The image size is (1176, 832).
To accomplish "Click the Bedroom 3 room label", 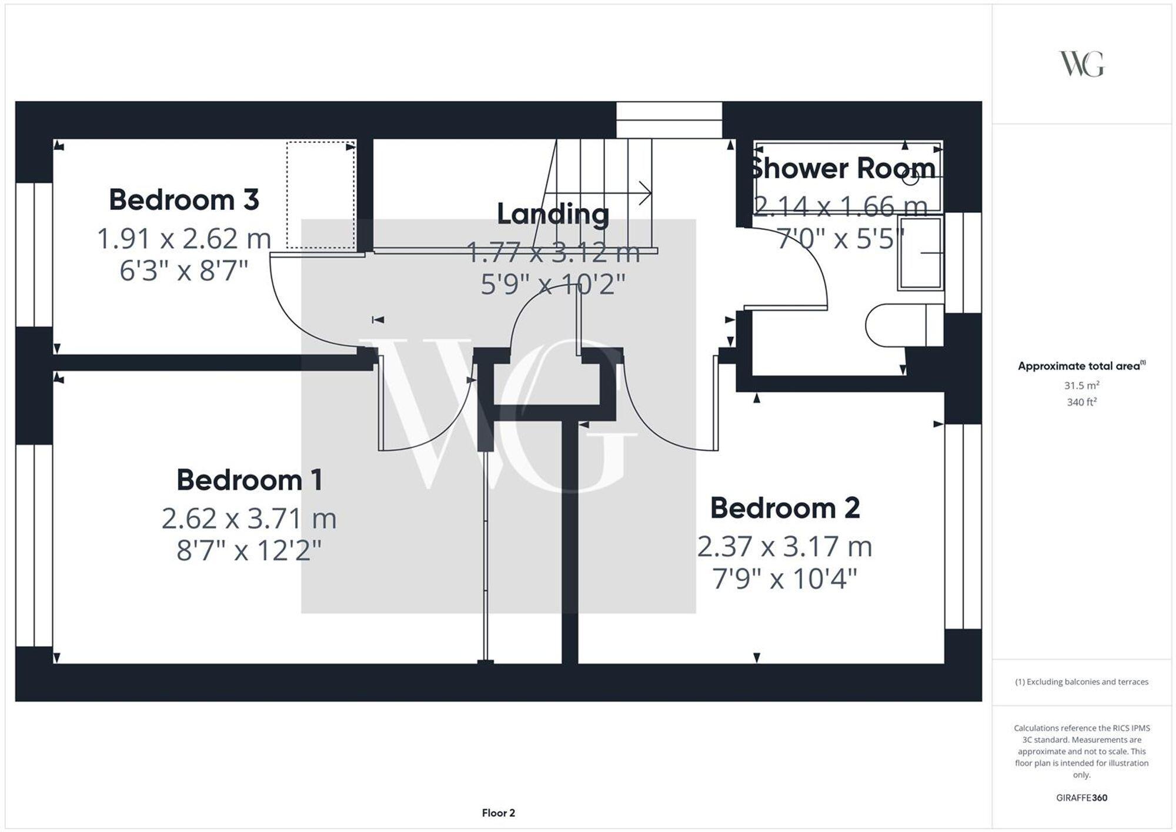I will (183, 200).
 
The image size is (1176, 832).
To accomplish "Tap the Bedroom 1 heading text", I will (249, 480).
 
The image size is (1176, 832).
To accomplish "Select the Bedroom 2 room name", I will (785, 508).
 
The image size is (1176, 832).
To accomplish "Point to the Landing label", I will (553, 214).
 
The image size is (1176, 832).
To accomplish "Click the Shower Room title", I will (842, 169).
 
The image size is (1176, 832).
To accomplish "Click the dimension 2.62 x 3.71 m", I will (249, 519).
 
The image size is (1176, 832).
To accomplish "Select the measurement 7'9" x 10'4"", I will (785, 579).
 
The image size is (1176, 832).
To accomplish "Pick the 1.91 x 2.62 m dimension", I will (183, 239).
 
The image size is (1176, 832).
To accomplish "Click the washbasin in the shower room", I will (921, 253).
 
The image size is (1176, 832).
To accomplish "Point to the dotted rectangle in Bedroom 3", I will (320, 195).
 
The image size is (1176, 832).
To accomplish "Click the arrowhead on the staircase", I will (646, 193).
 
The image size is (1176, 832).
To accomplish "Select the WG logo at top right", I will (1081, 64).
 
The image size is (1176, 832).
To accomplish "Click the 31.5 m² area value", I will (1081, 386).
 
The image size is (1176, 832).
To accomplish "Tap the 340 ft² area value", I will (1081, 402).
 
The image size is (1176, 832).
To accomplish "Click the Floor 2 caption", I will (498, 813).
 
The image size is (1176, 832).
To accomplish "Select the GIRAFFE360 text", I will (1081, 798).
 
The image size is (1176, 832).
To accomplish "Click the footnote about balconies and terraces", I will (1081, 682).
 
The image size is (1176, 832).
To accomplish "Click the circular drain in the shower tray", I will (910, 178).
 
